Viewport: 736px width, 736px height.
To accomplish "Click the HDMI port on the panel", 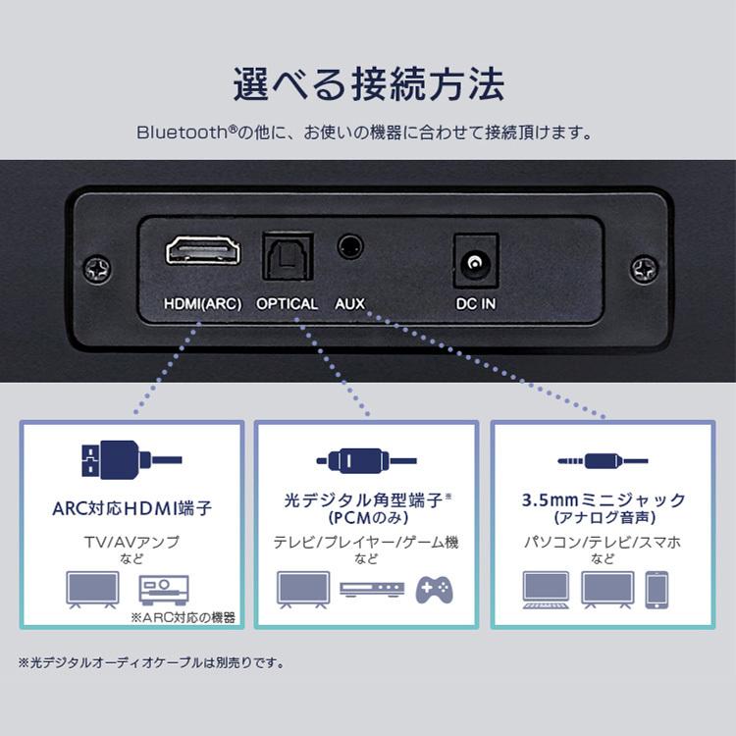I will click(x=203, y=251).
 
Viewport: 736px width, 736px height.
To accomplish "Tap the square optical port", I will click(x=288, y=255).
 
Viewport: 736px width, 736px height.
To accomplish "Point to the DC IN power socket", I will click(x=476, y=261).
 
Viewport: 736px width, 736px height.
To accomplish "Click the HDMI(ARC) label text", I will click(x=203, y=303).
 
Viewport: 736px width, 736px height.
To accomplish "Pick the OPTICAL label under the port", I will click(x=288, y=303).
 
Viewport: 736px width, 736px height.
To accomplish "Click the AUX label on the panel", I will click(x=350, y=303).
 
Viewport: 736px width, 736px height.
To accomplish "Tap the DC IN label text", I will click(x=475, y=303).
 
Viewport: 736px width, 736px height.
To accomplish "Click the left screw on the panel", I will click(x=97, y=268).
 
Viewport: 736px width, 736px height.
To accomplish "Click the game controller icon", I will click(x=434, y=588).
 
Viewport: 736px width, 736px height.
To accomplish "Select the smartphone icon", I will click(x=657, y=588).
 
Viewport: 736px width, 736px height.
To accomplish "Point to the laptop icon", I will click(x=546, y=589).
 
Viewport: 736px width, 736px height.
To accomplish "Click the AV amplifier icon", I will click(x=163, y=589).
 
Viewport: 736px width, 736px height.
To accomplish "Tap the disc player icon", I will click(x=371, y=589).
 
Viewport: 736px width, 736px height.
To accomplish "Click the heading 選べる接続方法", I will click(x=368, y=85).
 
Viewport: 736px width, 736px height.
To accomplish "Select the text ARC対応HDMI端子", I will click(x=131, y=508).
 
